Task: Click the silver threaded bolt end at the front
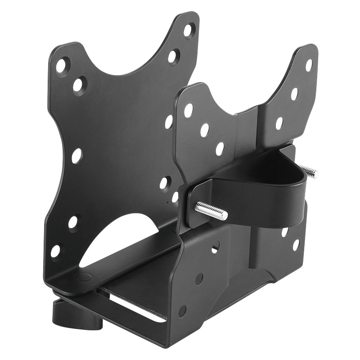click(x=211, y=210)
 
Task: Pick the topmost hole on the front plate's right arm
click(x=188, y=30)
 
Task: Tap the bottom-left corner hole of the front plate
click(x=56, y=251)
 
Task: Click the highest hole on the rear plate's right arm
click(x=309, y=65)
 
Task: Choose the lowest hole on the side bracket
click(x=182, y=310)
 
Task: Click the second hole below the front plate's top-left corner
click(x=79, y=85)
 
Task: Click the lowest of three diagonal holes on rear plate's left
click(x=220, y=148)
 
